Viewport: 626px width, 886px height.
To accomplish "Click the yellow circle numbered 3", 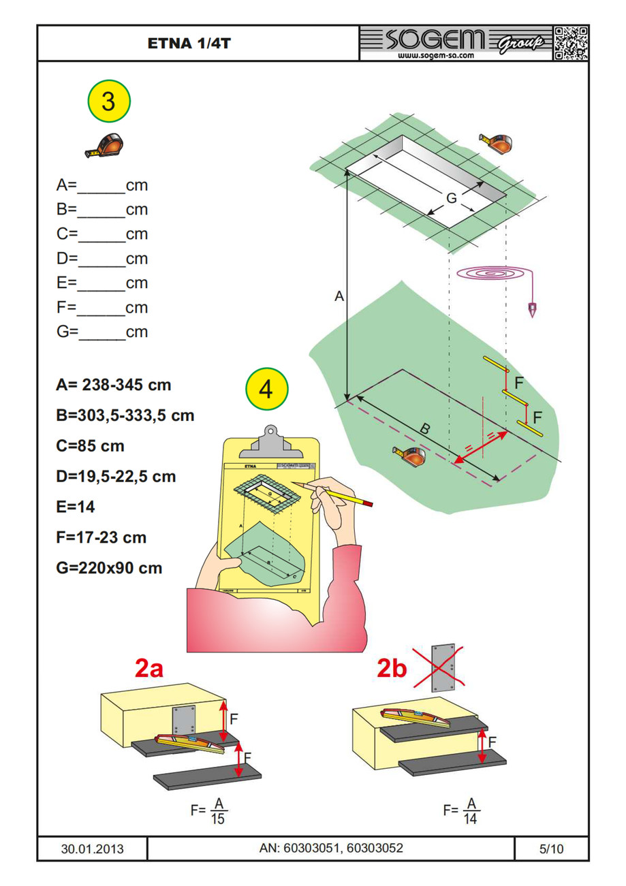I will (x=108, y=102).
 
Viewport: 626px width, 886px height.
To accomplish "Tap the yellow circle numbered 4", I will (x=266, y=390).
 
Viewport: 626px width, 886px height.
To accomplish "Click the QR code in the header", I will (x=570, y=44).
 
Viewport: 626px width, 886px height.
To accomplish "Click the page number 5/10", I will (x=551, y=849).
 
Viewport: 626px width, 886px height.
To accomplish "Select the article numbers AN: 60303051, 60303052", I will (x=331, y=849).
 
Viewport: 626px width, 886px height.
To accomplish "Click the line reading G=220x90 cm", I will (x=109, y=567).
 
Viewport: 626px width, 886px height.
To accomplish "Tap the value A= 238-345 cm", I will (x=113, y=385).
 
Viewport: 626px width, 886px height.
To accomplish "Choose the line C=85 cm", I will (x=90, y=446).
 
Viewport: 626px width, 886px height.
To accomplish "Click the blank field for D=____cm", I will (x=102, y=259).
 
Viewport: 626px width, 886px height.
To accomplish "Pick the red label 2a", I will (x=148, y=670).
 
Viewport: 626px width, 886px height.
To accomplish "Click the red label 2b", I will (x=392, y=670).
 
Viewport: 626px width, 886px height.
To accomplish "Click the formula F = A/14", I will (x=462, y=811).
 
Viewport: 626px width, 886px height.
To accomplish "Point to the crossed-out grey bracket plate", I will (x=445, y=667).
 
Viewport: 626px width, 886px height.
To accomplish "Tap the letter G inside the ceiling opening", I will (x=451, y=198).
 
